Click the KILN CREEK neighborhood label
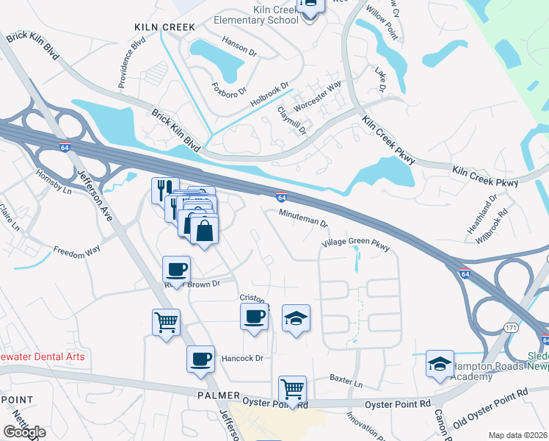[164, 27]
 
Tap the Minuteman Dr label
[302, 213]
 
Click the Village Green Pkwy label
[355, 243]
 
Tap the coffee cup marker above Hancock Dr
[200, 360]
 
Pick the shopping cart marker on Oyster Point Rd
[293, 389]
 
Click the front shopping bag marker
[204, 231]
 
